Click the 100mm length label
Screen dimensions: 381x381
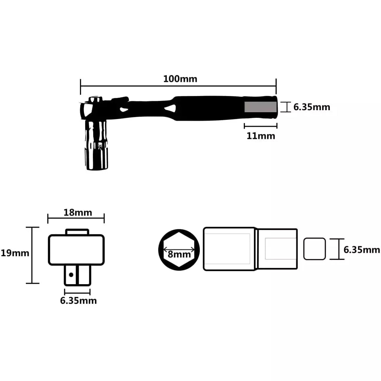pyautogui.click(x=180, y=79)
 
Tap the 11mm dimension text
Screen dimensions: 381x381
pyautogui.click(x=261, y=136)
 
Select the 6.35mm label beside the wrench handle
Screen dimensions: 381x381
pyautogui.click(x=312, y=107)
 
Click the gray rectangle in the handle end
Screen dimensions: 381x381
pyautogui.click(x=261, y=107)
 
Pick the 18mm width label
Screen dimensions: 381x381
pyautogui.click(x=77, y=212)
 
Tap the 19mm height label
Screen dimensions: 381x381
pyautogui.click(x=15, y=253)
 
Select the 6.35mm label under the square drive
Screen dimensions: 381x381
pyautogui.click(x=78, y=301)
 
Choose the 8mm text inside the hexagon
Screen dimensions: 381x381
pyautogui.click(x=179, y=254)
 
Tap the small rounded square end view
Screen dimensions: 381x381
pyautogui.click(x=314, y=249)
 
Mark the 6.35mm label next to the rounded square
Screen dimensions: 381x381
pyautogui.click(x=362, y=250)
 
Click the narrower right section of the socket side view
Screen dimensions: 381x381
pyautogui.click(x=278, y=249)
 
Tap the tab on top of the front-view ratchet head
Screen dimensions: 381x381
pyautogui.click(x=77, y=232)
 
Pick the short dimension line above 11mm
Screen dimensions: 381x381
pyautogui.click(x=260, y=126)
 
